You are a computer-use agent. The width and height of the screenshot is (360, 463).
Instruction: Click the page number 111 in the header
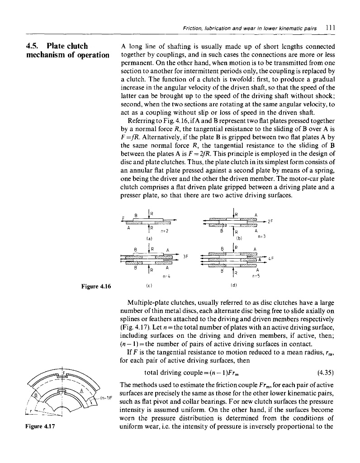(336, 27)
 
